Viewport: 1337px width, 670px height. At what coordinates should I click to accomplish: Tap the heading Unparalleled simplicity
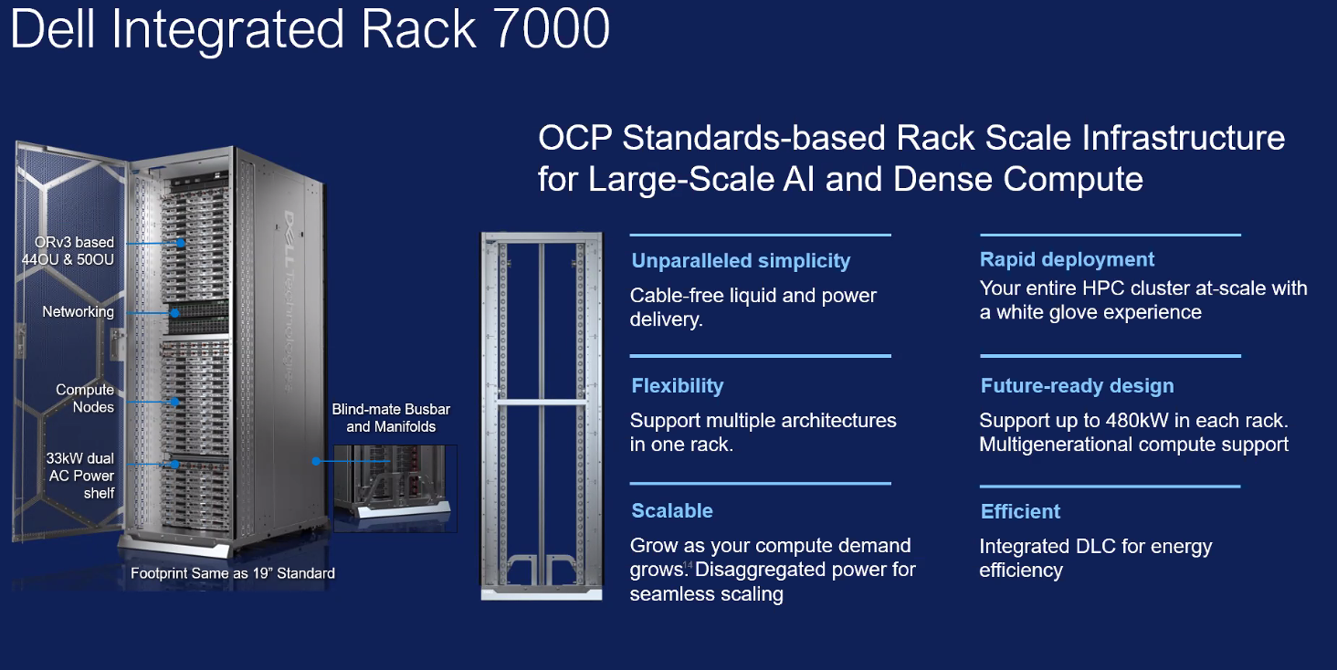741,261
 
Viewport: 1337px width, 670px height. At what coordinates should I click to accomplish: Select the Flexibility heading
677,386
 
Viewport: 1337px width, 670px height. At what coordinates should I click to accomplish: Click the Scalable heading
671,511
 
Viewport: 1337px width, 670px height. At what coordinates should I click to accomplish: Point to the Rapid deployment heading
1067,260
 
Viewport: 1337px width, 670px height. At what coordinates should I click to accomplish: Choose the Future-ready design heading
1077,386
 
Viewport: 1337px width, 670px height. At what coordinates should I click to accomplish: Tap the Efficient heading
1020,512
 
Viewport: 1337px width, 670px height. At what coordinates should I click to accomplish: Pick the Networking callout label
78,312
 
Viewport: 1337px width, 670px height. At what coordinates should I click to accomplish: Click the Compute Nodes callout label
85,398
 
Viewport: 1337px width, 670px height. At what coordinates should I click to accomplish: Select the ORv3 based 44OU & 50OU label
68,250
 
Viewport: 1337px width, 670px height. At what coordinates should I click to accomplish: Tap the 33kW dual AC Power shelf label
80,476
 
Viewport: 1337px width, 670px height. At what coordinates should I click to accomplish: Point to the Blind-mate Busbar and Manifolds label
391,418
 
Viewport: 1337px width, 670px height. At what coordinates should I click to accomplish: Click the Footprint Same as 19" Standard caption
233,574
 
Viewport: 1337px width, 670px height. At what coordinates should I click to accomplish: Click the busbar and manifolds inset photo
395,487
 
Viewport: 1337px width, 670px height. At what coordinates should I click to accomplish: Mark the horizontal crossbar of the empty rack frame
542,402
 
